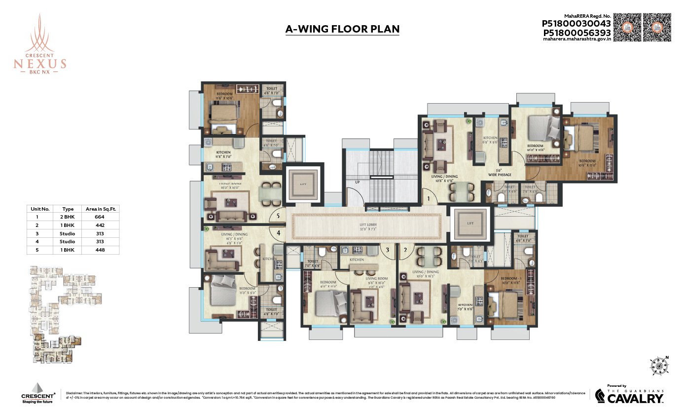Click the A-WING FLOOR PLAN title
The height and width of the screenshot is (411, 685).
(x=342, y=29)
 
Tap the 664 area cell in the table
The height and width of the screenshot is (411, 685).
(x=100, y=217)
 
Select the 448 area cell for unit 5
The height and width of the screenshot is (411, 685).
(x=100, y=250)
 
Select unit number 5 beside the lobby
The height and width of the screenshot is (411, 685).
(x=278, y=216)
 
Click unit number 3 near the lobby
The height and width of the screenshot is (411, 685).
(x=388, y=250)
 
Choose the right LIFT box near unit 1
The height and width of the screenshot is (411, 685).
(x=469, y=223)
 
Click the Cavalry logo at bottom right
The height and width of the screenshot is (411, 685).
(x=629, y=395)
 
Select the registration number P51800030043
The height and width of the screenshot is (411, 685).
(x=577, y=23)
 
